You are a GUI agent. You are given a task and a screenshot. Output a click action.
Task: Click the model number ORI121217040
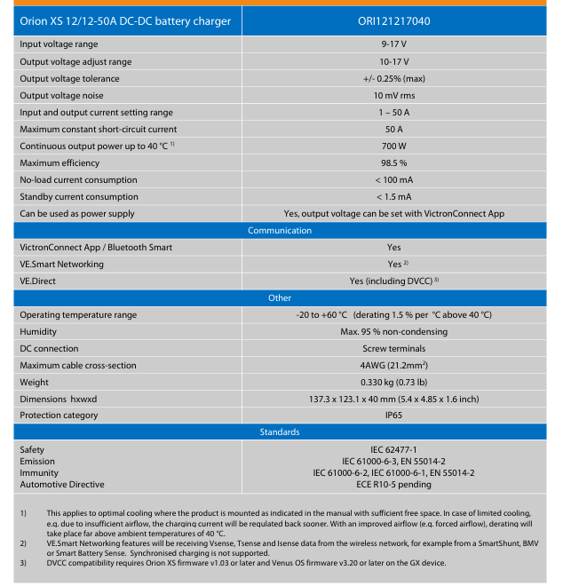tap(393, 20)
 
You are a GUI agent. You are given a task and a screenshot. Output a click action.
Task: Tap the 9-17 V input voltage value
tap(393, 44)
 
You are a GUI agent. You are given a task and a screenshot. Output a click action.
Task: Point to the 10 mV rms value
tap(393, 95)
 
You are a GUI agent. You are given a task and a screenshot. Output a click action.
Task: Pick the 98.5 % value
tap(393, 163)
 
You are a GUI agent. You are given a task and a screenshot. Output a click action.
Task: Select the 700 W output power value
tap(393, 146)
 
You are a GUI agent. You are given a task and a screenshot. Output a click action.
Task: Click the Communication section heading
tap(280, 231)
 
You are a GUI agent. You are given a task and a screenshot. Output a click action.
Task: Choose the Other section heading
tap(280, 298)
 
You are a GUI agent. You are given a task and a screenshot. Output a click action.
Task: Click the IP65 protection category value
tap(393, 416)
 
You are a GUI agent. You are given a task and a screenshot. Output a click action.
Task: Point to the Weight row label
tap(35, 383)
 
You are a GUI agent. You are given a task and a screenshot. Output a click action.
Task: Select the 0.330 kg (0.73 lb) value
tap(393, 383)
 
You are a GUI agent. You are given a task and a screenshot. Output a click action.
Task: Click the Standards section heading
tap(280, 432)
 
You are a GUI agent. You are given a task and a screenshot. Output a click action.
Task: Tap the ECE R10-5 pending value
tap(393, 484)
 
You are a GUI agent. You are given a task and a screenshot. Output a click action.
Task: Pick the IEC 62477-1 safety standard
tap(393, 450)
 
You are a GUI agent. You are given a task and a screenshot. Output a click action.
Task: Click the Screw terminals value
tap(393, 349)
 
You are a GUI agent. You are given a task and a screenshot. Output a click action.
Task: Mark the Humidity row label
tap(39, 332)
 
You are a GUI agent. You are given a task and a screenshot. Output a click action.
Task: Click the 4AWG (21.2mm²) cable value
tap(393, 366)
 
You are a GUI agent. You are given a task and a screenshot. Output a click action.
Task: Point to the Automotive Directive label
tap(61, 484)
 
